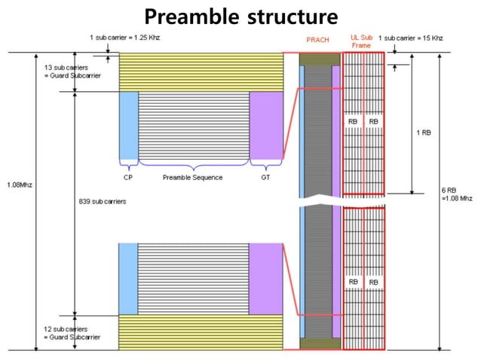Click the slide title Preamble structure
[x=240, y=16]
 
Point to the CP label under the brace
[x=128, y=178]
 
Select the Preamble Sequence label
[x=193, y=178]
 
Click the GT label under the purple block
[x=265, y=178]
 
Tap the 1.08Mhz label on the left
[x=19, y=184]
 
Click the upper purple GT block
[x=265, y=125]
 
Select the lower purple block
[x=265, y=278]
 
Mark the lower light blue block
[x=128, y=278]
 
